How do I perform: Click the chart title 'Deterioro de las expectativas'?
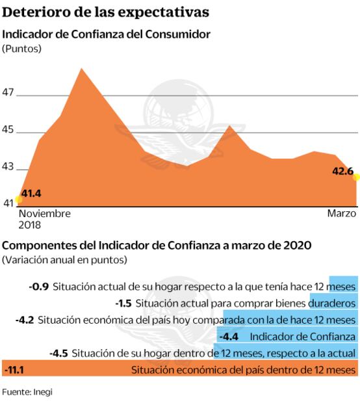point(107,12)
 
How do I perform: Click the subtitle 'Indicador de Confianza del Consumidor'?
point(107,34)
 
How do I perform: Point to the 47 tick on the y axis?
point(8,92)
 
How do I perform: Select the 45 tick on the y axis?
point(8,129)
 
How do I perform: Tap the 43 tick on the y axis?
point(8,166)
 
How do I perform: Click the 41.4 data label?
point(31,193)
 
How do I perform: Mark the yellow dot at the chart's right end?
point(356,177)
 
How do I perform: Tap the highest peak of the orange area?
point(81,68)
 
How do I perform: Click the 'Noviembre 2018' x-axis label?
point(44,219)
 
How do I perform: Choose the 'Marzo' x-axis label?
point(341,213)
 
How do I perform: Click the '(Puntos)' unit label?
point(21,49)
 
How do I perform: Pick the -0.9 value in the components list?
point(39,286)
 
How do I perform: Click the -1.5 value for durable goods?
point(123,303)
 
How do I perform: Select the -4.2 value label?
point(24,320)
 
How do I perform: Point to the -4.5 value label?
point(58,353)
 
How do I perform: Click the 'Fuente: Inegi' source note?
point(27,391)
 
